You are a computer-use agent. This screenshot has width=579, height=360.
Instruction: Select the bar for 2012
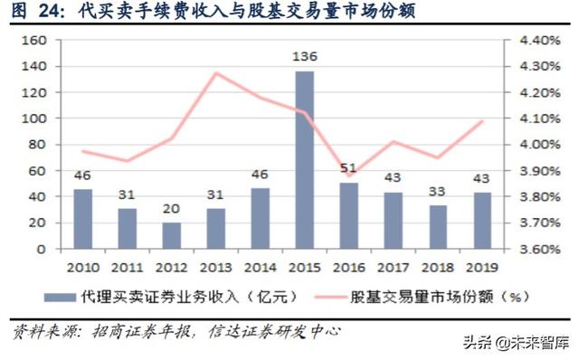click(x=171, y=235)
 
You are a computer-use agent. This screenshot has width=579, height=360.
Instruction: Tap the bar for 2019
click(x=482, y=220)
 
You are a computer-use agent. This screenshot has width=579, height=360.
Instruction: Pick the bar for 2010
click(x=82, y=218)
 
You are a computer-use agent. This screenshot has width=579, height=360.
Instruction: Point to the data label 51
click(x=348, y=168)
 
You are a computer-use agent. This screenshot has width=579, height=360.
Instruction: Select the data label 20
click(x=171, y=209)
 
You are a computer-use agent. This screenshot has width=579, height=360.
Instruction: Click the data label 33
click(x=438, y=192)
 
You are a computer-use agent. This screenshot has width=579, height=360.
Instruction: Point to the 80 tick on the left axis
click(x=34, y=145)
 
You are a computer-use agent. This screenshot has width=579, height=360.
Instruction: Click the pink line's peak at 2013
click(x=216, y=73)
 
